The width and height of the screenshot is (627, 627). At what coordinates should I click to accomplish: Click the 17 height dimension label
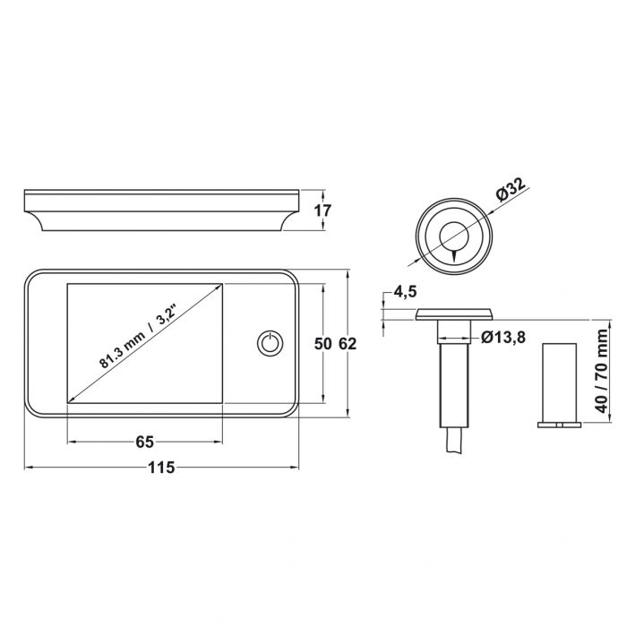pyautogui.click(x=323, y=211)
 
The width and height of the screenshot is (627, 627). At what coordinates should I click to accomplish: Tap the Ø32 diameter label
pyautogui.click(x=510, y=192)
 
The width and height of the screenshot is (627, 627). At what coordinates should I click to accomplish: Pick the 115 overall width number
pyautogui.click(x=161, y=467)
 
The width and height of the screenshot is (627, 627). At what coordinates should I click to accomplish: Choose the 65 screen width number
pyautogui.click(x=145, y=442)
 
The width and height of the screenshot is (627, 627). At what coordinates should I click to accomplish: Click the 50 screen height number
pyautogui.click(x=322, y=343)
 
